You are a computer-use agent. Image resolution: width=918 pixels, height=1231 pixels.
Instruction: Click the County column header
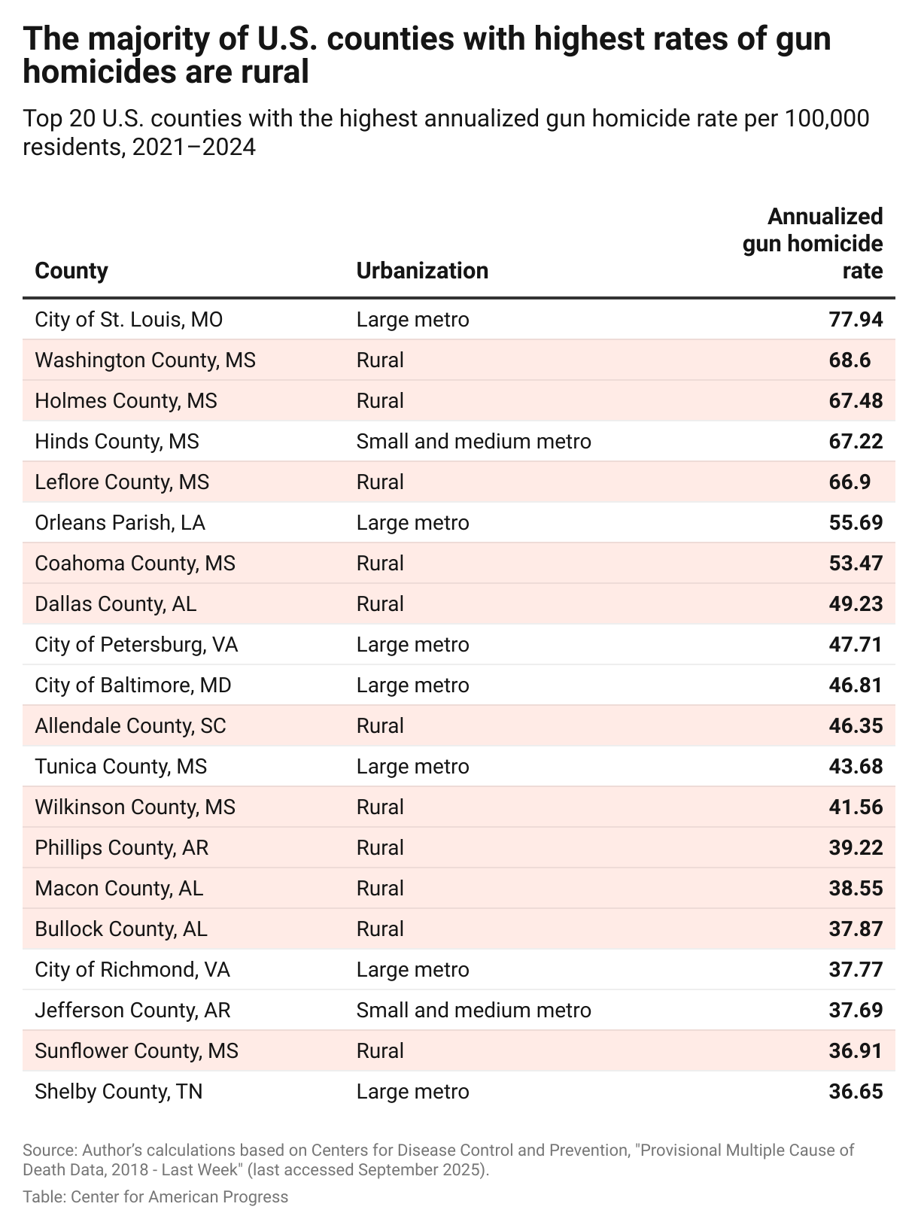tap(71, 271)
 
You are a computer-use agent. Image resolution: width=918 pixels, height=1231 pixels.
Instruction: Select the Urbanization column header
tap(422, 271)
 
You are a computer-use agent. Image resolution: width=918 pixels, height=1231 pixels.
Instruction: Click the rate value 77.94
tap(856, 320)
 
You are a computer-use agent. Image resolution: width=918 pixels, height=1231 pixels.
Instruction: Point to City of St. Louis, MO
tap(129, 320)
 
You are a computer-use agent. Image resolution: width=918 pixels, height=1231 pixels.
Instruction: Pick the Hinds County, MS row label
tap(117, 442)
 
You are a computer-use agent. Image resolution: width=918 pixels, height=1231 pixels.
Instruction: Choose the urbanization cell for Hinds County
tap(473, 442)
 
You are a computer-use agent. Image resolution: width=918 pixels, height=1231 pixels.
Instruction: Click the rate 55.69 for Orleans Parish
tap(856, 523)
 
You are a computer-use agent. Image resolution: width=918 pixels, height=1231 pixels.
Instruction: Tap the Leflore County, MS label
tap(122, 482)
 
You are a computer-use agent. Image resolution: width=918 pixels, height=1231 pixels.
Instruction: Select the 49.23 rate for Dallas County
tap(856, 604)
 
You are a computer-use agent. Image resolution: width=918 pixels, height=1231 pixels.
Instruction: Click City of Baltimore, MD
tap(133, 685)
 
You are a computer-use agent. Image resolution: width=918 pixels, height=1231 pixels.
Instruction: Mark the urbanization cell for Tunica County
tap(412, 767)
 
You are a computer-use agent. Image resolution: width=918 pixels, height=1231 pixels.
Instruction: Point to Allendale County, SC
tap(130, 726)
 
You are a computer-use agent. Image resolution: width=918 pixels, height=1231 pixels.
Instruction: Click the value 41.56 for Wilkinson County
tap(856, 807)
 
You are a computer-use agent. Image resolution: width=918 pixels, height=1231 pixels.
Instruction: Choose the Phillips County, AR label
tap(121, 848)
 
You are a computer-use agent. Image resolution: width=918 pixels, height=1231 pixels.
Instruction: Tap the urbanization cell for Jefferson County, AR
tap(473, 1011)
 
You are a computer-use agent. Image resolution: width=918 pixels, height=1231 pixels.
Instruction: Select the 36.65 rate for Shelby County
tap(856, 1092)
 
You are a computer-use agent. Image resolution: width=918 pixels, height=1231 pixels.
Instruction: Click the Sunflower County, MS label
tap(136, 1051)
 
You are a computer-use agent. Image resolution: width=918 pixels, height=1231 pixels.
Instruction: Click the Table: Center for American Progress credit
tap(155, 1196)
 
